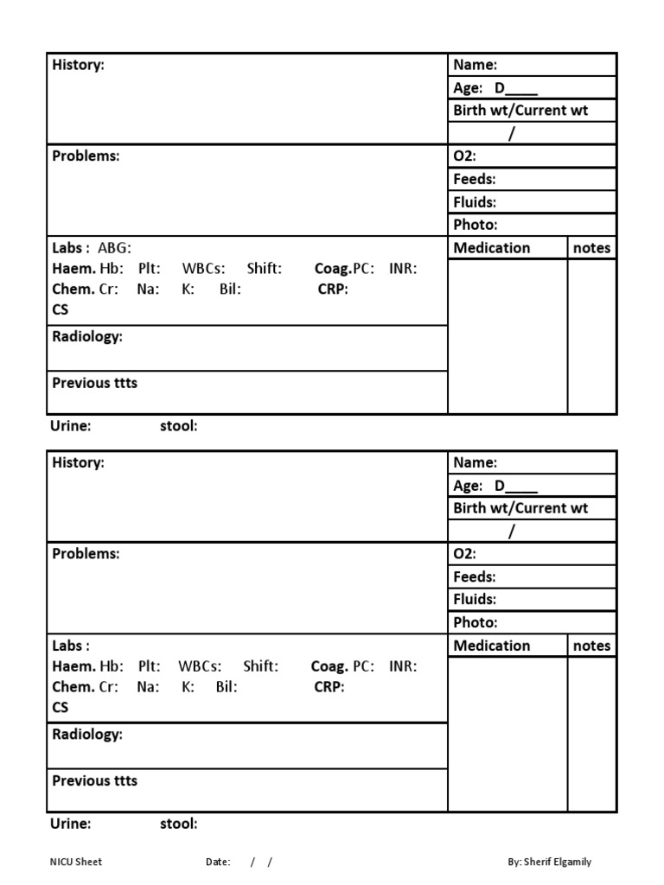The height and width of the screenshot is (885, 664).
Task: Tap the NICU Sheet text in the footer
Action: [76, 862]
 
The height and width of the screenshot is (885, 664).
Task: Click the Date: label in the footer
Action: [218, 862]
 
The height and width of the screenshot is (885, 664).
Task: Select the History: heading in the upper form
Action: [78, 65]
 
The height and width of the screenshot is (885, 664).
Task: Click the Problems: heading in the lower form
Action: [86, 553]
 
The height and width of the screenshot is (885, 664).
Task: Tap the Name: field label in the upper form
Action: [475, 65]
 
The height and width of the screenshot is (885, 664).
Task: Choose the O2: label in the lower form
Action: [465, 554]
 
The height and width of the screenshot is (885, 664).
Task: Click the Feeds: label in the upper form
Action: [474, 179]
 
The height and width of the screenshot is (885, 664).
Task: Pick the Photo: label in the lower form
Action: [475, 622]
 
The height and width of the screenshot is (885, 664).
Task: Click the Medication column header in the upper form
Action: [492, 248]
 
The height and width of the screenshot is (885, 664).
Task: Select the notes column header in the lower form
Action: [591, 646]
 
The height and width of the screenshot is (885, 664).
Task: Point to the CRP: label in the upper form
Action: [333, 290]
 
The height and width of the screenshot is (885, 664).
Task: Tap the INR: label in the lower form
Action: [403, 666]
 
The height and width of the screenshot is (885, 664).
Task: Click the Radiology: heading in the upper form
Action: [87, 336]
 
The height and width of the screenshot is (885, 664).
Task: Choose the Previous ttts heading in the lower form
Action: [94, 780]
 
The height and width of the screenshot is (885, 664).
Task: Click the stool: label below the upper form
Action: [179, 426]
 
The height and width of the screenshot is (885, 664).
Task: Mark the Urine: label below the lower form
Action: [70, 824]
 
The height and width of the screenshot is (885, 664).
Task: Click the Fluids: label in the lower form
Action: [475, 599]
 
